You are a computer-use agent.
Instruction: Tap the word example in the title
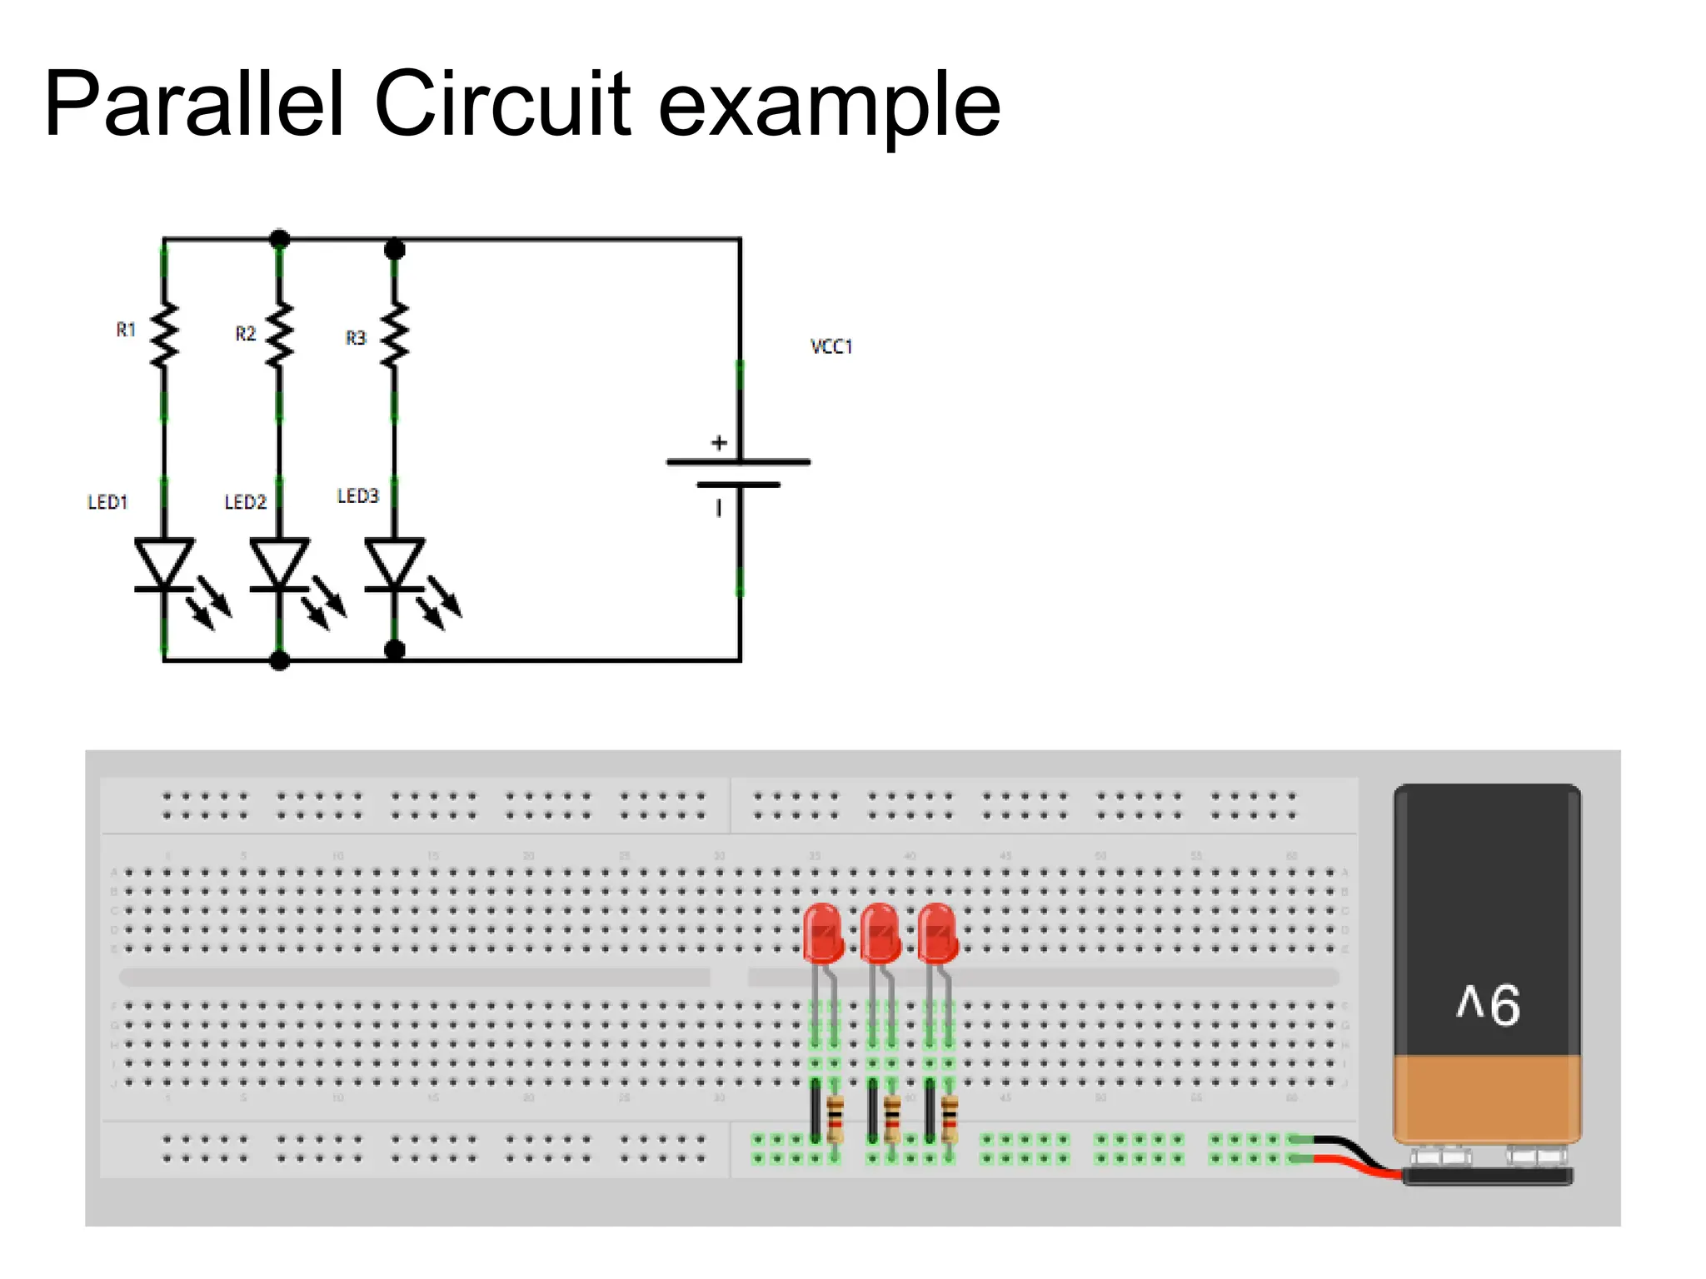click(x=829, y=108)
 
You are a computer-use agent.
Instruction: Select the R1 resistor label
click(x=126, y=330)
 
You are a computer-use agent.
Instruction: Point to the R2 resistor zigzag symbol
click(x=279, y=335)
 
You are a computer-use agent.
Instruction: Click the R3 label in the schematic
click(x=356, y=338)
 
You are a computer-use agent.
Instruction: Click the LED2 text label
click(x=245, y=502)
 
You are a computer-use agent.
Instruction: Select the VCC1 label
click(x=831, y=346)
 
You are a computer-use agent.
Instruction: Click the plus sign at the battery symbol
click(x=719, y=443)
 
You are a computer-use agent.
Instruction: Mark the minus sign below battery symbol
click(x=719, y=507)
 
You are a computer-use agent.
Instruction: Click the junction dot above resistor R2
click(x=280, y=239)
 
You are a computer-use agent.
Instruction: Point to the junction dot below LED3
click(x=395, y=650)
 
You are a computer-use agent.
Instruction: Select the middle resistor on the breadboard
click(x=891, y=1118)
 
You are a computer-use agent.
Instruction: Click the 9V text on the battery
click(x=1488, y=1005)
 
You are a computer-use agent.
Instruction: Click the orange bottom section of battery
click(x=1487, y=1097)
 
